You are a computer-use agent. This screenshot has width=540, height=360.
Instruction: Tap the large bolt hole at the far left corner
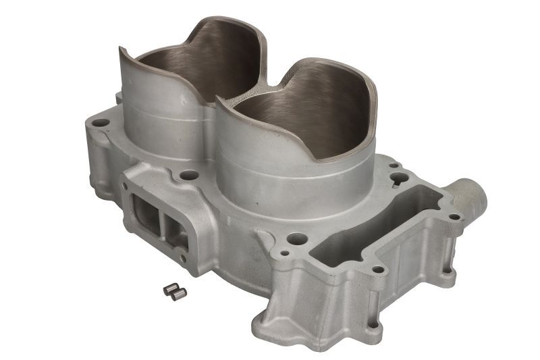pyautogui.click(x=100, y=124)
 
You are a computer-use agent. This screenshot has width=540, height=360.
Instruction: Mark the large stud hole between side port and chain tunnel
pyautogui.click(x=295, y=238)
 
